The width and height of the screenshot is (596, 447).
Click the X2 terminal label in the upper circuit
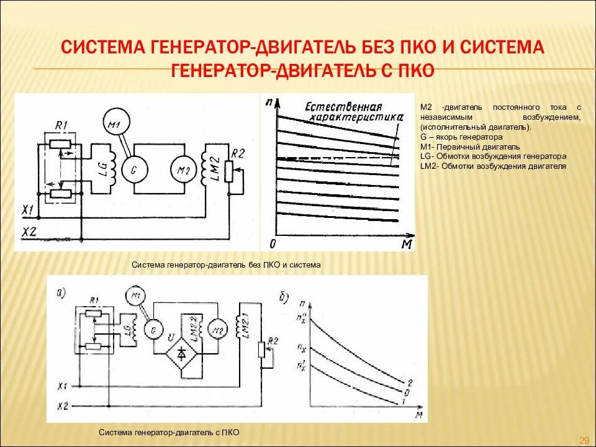tap(29, 233)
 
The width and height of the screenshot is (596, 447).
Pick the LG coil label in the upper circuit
tap(101, 168)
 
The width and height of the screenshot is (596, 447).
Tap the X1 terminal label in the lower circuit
tap(61, 384)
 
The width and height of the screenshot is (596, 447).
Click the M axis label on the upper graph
tap(407, 244)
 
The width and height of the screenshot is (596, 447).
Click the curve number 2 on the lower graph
tap(409, 381)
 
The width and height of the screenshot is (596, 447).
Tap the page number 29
tap(584, 440)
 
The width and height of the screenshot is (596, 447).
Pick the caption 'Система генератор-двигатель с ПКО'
tap(169, 432)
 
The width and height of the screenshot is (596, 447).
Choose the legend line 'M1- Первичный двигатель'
tap(469, 147)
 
